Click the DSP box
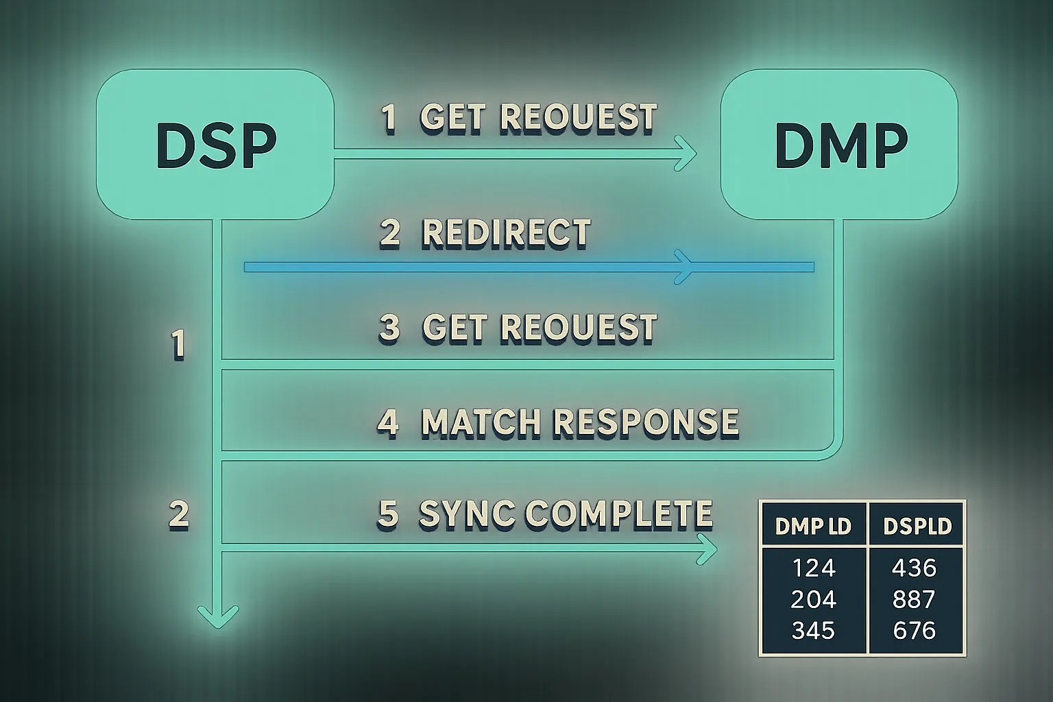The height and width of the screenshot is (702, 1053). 215,145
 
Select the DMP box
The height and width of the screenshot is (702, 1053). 839,145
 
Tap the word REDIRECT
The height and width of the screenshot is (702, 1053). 506,233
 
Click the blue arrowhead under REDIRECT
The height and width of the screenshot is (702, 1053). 683,267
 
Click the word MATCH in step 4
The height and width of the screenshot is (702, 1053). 479,422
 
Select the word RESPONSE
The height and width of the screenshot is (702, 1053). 646,422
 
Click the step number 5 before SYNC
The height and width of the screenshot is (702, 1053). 388,514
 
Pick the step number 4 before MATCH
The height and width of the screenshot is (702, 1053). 388,422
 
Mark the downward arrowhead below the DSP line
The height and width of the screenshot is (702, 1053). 218,615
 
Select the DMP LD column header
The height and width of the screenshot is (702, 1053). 813,526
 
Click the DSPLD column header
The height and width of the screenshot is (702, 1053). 917,526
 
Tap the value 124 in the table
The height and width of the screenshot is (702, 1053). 814,568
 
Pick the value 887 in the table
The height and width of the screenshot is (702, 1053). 915,600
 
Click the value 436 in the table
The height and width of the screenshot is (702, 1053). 915,568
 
